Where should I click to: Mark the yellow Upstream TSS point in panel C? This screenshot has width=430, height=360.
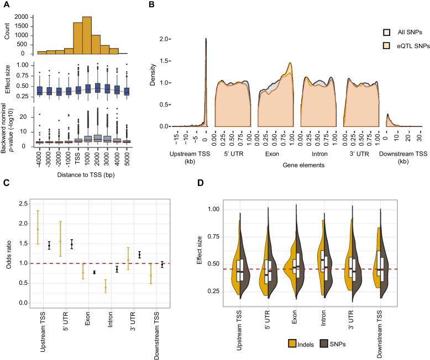[38, 229]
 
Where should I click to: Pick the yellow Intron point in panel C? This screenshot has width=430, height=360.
[106, 287]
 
